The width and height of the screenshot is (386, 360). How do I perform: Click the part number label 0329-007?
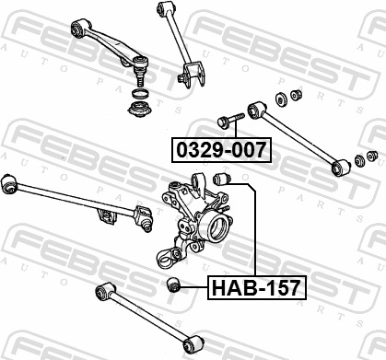(x=221, y=150)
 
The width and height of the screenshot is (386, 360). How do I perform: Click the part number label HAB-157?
(x=257, y=287)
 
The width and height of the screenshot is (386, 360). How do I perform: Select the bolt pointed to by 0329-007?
(x=230, y=121)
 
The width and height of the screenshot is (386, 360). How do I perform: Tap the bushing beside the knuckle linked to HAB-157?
(x=222, y=179)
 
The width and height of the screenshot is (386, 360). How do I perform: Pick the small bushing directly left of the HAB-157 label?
(x=174, y=285)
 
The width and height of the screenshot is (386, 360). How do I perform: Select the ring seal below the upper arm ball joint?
(x=140, y=93)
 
